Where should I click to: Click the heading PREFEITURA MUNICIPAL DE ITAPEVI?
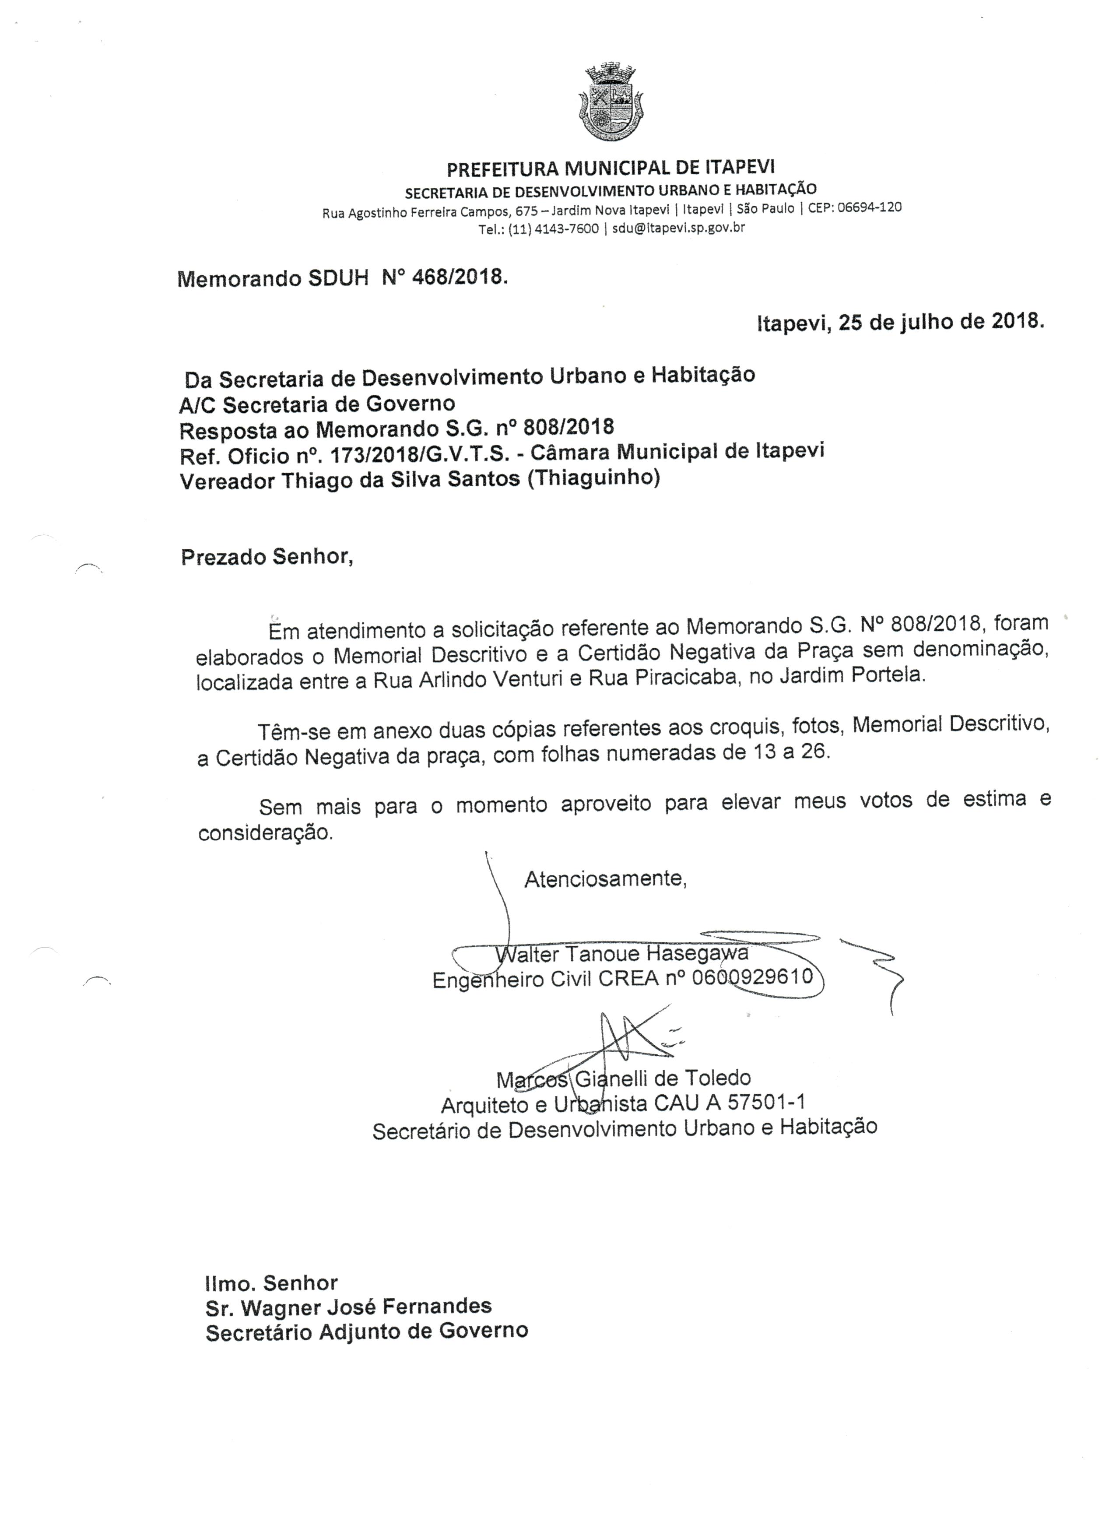pyautogui.click(x=611, y=167)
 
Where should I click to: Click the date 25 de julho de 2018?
pyautogui.click(x=941, y=321)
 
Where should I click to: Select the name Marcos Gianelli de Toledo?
pyautogui.click(x=623, y=1078)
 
